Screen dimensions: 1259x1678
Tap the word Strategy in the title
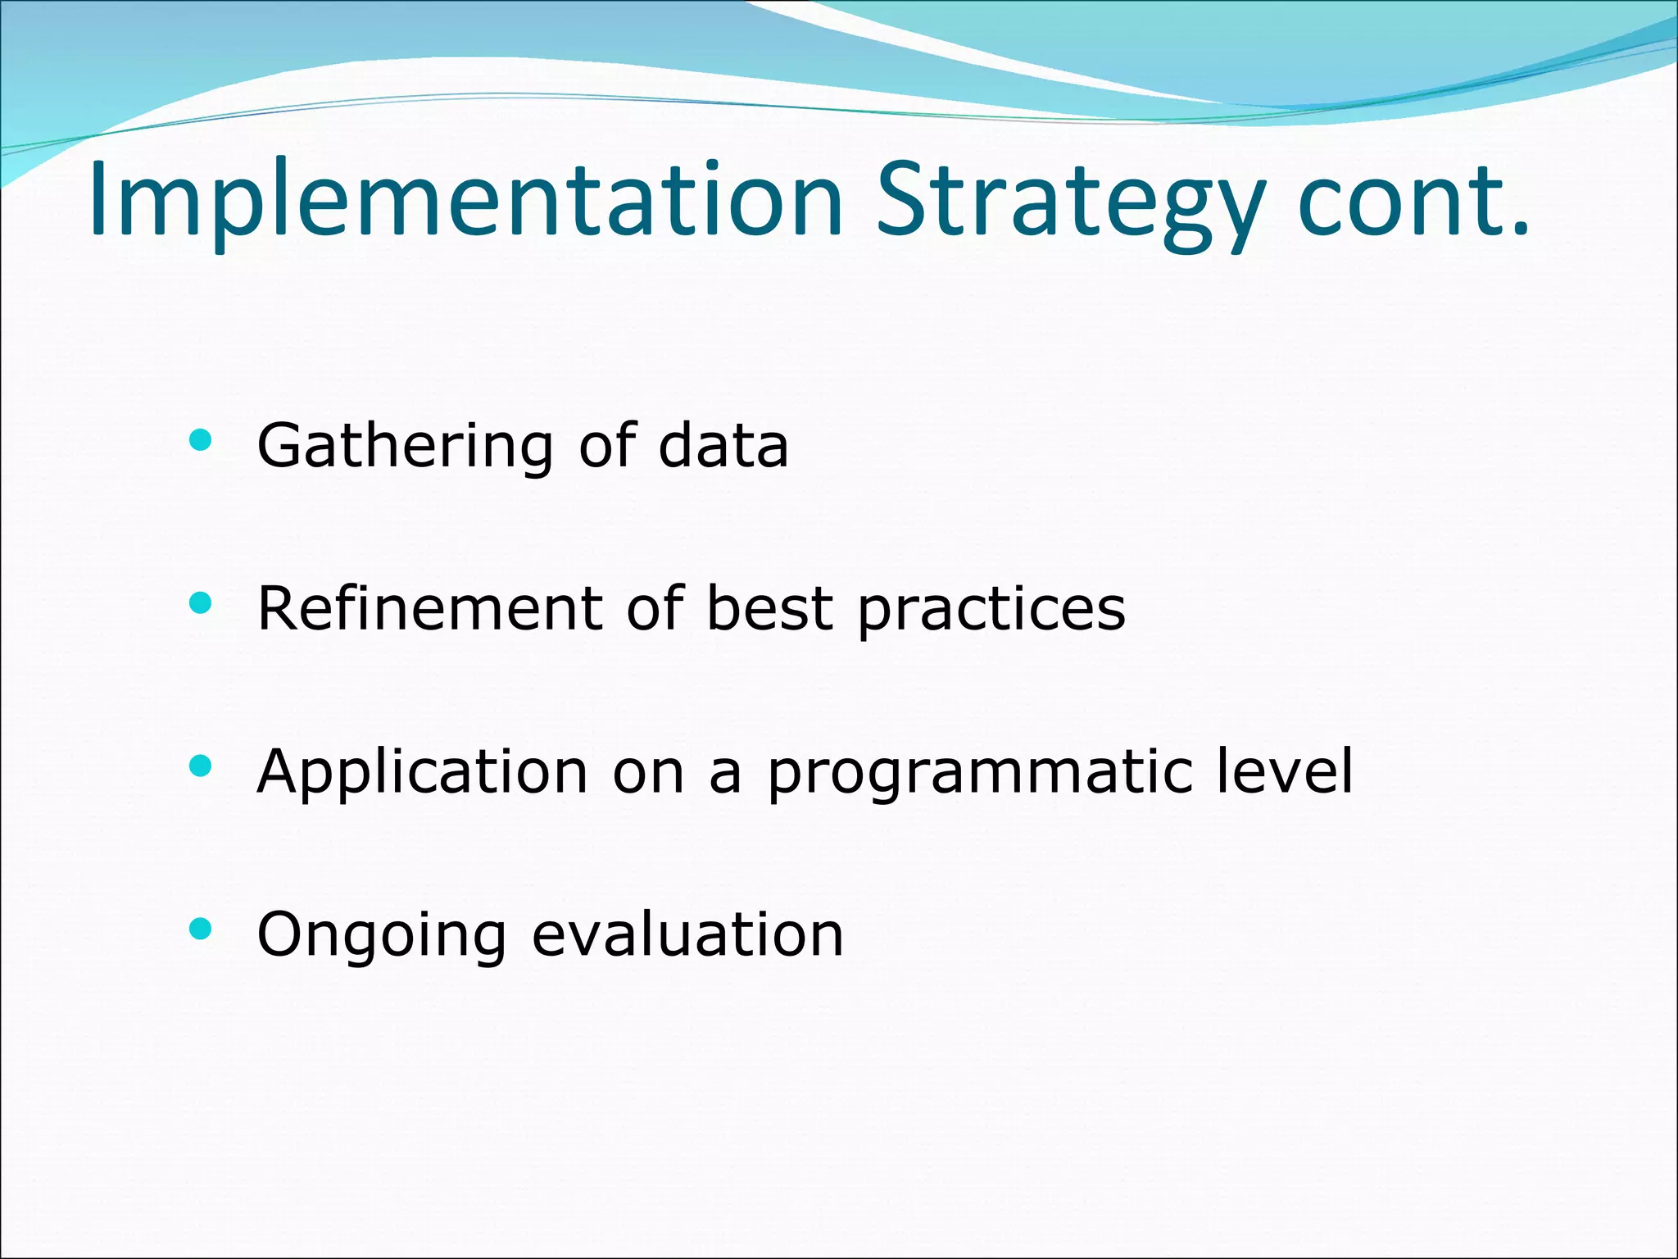pos(1069,201)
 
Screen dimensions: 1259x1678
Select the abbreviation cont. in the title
pos(1413,201)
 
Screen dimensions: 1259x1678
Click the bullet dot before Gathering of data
pos(200,442)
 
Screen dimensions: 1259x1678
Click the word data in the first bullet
pos(723,447)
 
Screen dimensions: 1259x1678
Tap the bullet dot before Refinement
pos(200,604)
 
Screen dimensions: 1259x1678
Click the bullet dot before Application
pos(200,766)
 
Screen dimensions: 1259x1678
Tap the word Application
pos(422,773)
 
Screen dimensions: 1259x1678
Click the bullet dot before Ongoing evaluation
pos(200,929)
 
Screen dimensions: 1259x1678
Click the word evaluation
pos(687,935)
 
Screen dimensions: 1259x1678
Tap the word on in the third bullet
pos(648,773)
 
